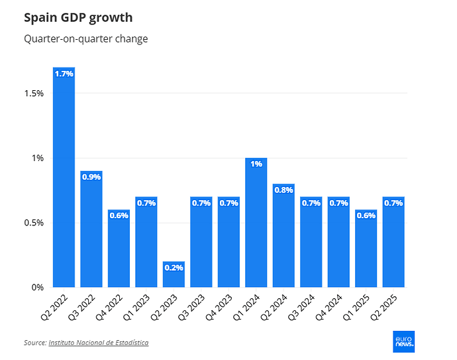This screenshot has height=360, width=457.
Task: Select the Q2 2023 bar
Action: (174, 274)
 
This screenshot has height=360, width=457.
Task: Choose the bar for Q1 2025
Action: (366, 249)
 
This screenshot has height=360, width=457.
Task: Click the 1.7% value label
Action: (64, 74)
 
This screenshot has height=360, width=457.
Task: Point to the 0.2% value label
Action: (174, 269)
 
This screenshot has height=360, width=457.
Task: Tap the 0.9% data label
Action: (91, 177)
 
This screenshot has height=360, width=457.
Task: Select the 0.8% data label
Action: (283, 190)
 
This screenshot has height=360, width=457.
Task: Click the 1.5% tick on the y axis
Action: (33, 93)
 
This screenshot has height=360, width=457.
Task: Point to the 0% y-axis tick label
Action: (37, 288)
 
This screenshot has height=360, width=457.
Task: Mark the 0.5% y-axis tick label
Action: (33, 223)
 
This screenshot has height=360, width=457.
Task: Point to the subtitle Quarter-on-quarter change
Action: (85, 39)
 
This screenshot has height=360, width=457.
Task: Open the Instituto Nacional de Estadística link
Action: (98, 343)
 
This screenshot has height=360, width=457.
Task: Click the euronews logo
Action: (404, 341)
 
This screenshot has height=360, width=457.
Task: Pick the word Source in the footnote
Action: (34, 343)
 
